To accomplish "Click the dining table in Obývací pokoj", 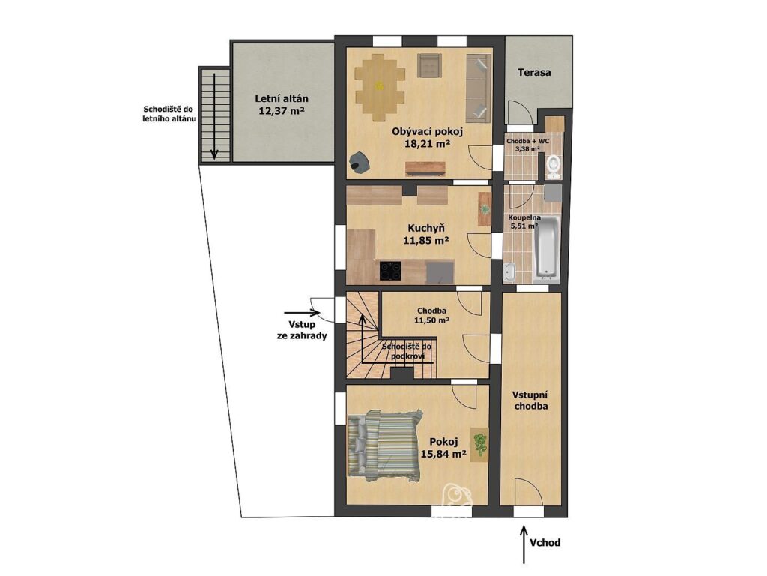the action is (x=380, y=88).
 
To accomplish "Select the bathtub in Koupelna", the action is (x=546, y=249).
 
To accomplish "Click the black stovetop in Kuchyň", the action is (x=390, y=270).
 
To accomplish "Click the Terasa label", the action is (x=534, y=73).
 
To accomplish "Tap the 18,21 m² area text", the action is (x=427, y=143).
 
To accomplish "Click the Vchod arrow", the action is (x=524, y=544).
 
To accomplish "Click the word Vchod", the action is (x=545, y=543).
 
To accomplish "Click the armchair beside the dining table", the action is (x=430, y=66).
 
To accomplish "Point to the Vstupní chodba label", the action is (x=530, y=400).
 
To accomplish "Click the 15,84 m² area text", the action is (x=443, y=454).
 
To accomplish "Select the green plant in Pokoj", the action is (x=480, y=443).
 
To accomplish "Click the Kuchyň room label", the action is (x=426, y=228).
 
